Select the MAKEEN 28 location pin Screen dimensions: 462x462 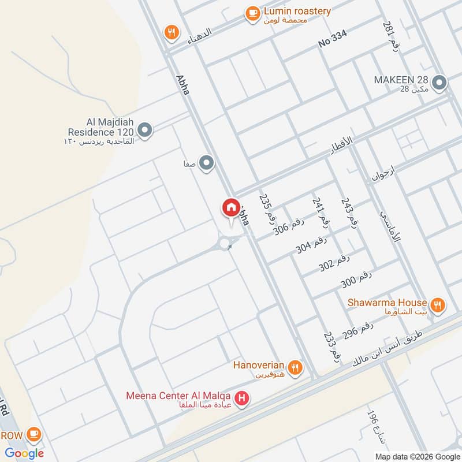tap(439, 83)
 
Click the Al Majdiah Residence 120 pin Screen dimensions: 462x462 tap(145, 131)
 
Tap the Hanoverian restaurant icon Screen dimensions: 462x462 tap(295, 367)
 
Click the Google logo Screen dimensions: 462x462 tap(24, 453)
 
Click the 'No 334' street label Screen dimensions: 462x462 tap(333, 39)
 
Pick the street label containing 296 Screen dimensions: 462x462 tap(359, 331)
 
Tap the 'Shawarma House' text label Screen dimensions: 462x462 tap(387, 302)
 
